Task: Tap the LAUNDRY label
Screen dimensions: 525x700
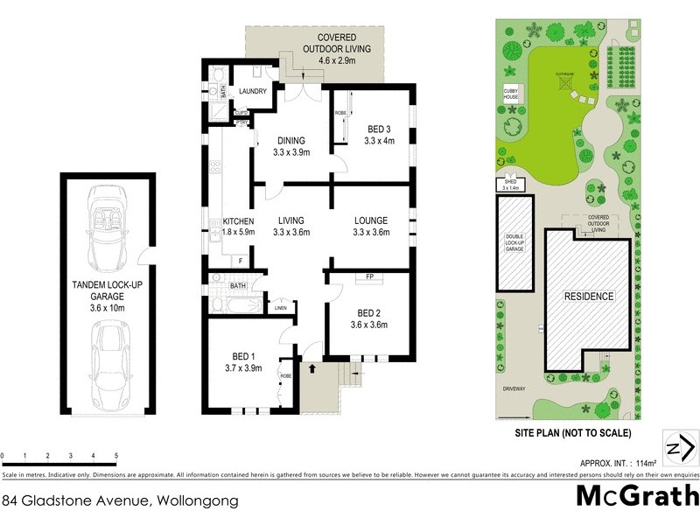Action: [x=253, y=90]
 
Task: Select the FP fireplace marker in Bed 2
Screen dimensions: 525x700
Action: [x=369, y=279]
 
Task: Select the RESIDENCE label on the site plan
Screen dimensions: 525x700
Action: [x=587, y=296]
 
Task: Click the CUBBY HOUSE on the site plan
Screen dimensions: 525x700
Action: [x=511, y=94]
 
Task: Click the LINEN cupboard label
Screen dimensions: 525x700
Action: [x=280, y=307]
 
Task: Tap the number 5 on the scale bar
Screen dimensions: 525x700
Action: [x=115, y=456]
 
